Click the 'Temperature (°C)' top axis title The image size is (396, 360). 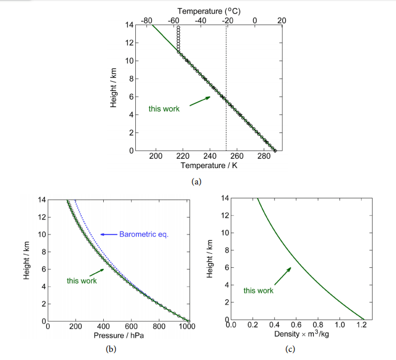click(x=209, y=11)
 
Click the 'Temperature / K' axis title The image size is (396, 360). click(x=209, y=166)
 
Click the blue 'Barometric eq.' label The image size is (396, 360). click(x=143, y=235)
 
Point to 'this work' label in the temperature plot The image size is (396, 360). click(x=164, y=109)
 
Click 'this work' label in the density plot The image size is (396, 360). click(x=259, y=290)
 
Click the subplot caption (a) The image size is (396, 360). click(x=197, y=181)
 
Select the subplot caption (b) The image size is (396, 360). click(x=107, y=349)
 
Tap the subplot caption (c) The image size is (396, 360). click(x=290, y=349)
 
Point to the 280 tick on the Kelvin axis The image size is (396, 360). click(x=264, y=156)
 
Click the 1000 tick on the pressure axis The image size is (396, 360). click(x=187, y=327)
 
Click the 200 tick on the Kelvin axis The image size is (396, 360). click(x=156, y=156)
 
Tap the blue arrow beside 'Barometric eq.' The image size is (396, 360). click(x=108, y=235)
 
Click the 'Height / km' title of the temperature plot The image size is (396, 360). click(x=114, y=88)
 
